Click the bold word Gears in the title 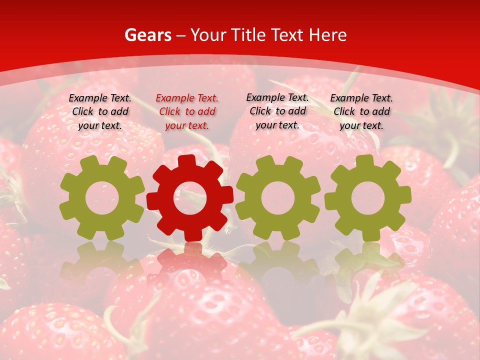(x=147, y=35)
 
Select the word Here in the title (x=327, y=35)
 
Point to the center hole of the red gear (x=190, y=198)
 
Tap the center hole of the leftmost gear (x=102, y=198)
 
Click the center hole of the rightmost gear (x=367, y=198)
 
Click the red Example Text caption (x=187, y=112)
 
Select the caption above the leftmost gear (x=100, y=112)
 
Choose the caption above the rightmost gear (x=361, y=112)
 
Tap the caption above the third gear (x=277, y=111)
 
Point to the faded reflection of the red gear (x=190, y=262)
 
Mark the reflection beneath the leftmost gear (x=102, y=262)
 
